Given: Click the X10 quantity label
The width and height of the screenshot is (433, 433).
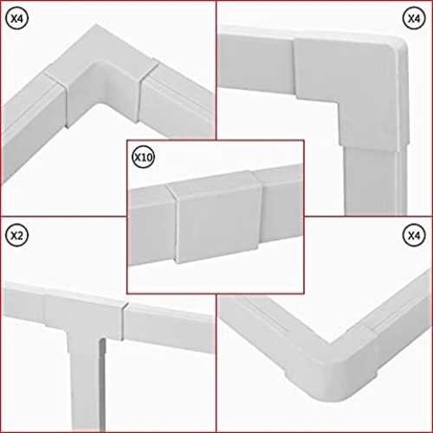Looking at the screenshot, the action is tap(144, 157).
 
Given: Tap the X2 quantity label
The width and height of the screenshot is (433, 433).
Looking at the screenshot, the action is tap(16, 236).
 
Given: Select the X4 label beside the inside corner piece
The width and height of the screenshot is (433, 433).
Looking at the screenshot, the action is tap(16, 18).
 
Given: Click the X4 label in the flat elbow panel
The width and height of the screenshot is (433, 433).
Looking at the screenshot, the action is tap(414, 18).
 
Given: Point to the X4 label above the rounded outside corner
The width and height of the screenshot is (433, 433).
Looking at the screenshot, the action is tap(414, 236).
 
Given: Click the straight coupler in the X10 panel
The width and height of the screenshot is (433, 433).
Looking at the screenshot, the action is tap(215, 216).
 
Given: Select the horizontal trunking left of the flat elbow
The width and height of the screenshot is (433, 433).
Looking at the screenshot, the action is tap(257, 62).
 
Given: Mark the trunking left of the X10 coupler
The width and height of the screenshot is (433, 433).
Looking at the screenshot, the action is tap(152, 225).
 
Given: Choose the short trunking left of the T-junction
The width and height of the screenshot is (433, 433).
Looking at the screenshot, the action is tap(24, 301).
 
